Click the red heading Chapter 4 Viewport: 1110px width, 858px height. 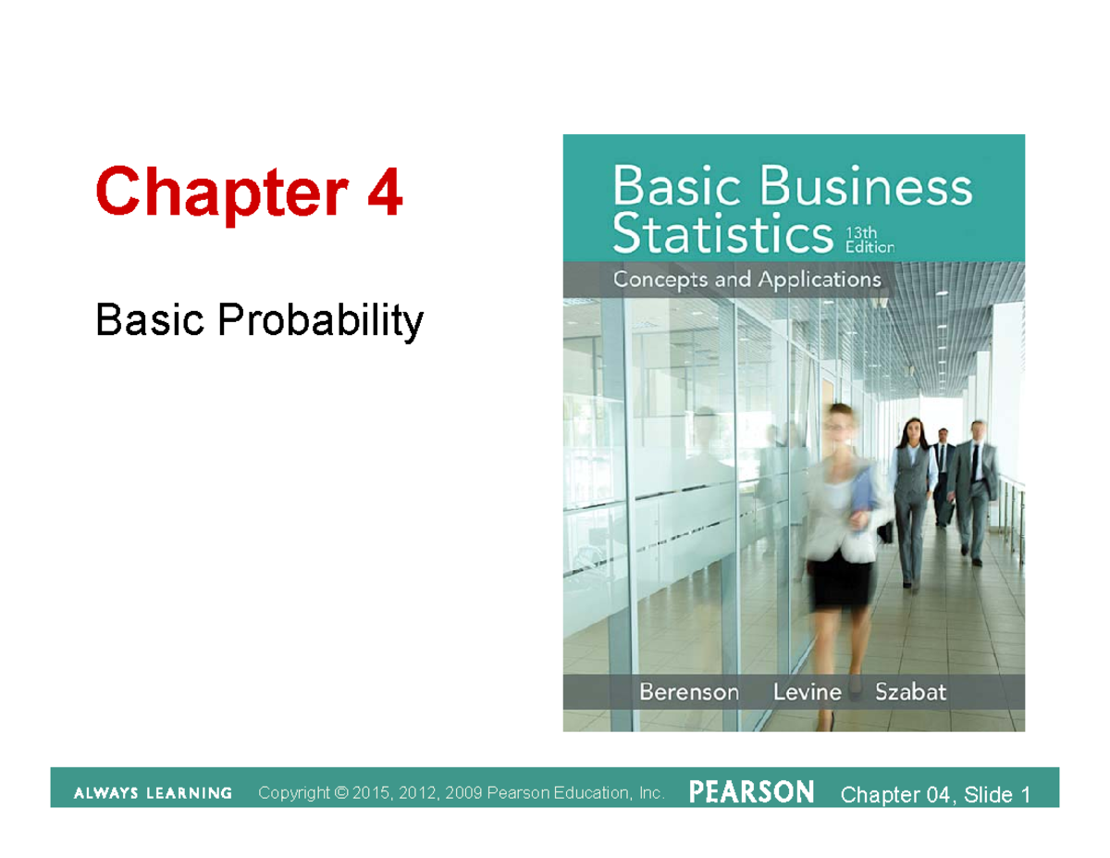[x=249, y=193]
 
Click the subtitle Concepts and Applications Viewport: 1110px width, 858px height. [x=746, y=279]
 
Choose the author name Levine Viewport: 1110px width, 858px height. [x=807, y=691]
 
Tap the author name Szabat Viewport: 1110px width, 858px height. [x=910, y=691]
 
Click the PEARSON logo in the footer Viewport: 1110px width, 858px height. [x=751, y=792]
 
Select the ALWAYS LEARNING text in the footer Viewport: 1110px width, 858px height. [x=153, y=793]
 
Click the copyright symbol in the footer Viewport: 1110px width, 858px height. [x=341, y=793]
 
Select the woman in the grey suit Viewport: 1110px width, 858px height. [x=912, y=500]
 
